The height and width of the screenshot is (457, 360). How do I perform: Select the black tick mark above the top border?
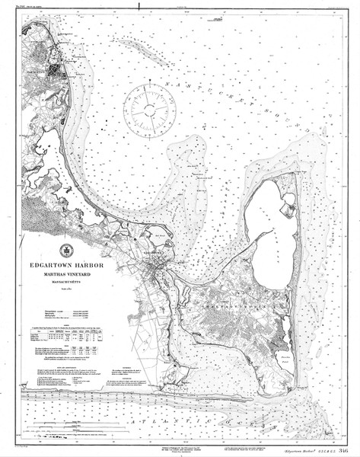point(139,6)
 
